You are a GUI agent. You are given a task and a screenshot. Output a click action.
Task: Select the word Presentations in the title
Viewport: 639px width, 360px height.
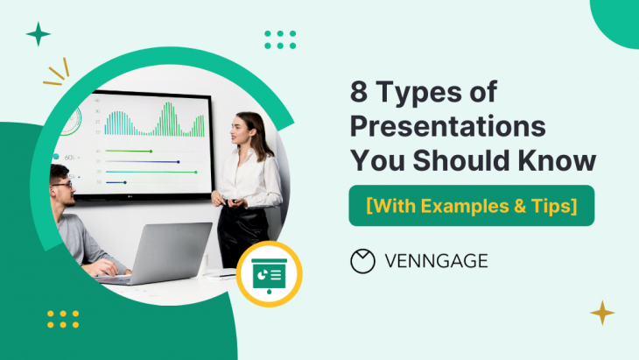click(x=447, y=127)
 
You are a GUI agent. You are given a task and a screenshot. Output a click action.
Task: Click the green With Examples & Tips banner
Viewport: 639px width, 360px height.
click(x=472, y=206)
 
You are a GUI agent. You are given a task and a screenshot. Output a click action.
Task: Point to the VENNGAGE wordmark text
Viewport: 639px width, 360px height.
click(x=436, y=260)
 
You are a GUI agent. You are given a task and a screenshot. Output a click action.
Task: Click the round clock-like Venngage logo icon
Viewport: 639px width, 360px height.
click(x=362, y=260)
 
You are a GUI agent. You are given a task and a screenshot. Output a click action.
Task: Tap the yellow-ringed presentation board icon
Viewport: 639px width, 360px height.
click(x=270, y=273)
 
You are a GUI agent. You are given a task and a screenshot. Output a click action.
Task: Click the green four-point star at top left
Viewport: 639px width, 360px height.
click(x=38, y=34)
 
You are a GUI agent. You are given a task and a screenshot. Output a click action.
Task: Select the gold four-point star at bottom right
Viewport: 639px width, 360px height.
click(x=601, y=312)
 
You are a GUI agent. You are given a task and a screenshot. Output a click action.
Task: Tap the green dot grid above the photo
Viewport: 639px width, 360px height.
click(x=279, y=39)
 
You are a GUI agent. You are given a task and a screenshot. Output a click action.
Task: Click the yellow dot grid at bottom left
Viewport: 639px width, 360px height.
click(x=63, y=319)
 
